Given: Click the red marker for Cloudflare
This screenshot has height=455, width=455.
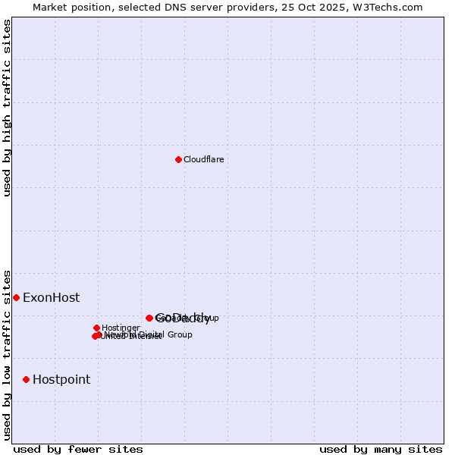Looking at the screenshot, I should pos(178,159).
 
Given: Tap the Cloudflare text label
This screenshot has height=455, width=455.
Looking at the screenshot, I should pos(204,159).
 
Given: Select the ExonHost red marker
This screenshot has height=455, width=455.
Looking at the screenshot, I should pos(16,297).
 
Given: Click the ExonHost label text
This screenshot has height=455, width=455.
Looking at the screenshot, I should pos(51,298).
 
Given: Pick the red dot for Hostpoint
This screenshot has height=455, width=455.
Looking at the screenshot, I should pos(26,379).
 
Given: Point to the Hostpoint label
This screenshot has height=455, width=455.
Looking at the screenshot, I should pos(61,380).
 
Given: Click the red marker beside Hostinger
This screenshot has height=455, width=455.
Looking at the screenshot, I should pos(96,328).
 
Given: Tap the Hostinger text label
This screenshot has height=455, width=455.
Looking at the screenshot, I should pos(121,328).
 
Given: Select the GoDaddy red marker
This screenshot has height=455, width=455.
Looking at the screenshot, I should pos(149,318).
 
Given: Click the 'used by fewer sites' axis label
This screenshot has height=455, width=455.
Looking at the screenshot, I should pos(78,449).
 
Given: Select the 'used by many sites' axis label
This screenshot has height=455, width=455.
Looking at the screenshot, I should pos(381,449).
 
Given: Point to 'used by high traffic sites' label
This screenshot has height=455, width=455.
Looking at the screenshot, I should pos(8,108).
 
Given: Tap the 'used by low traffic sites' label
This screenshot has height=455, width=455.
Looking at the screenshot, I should pos(8,354).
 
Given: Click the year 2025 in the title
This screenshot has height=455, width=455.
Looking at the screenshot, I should pos(331,7).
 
